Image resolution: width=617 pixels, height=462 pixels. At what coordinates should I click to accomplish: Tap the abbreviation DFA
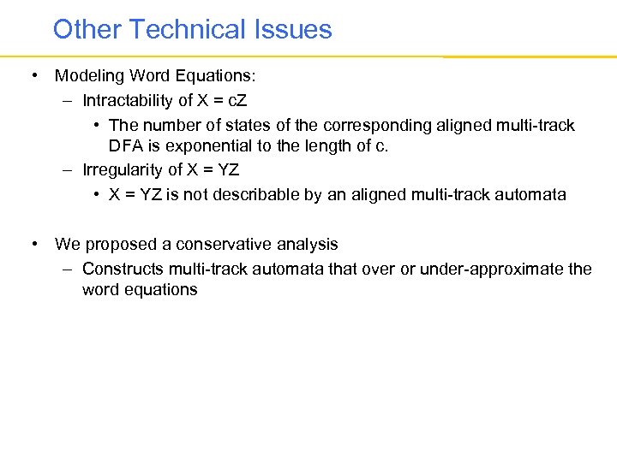click(125, 146)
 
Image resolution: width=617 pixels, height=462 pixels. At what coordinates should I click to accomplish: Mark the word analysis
click(308, 245)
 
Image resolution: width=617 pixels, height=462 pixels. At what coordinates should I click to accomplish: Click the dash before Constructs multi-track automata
click(67, 269)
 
